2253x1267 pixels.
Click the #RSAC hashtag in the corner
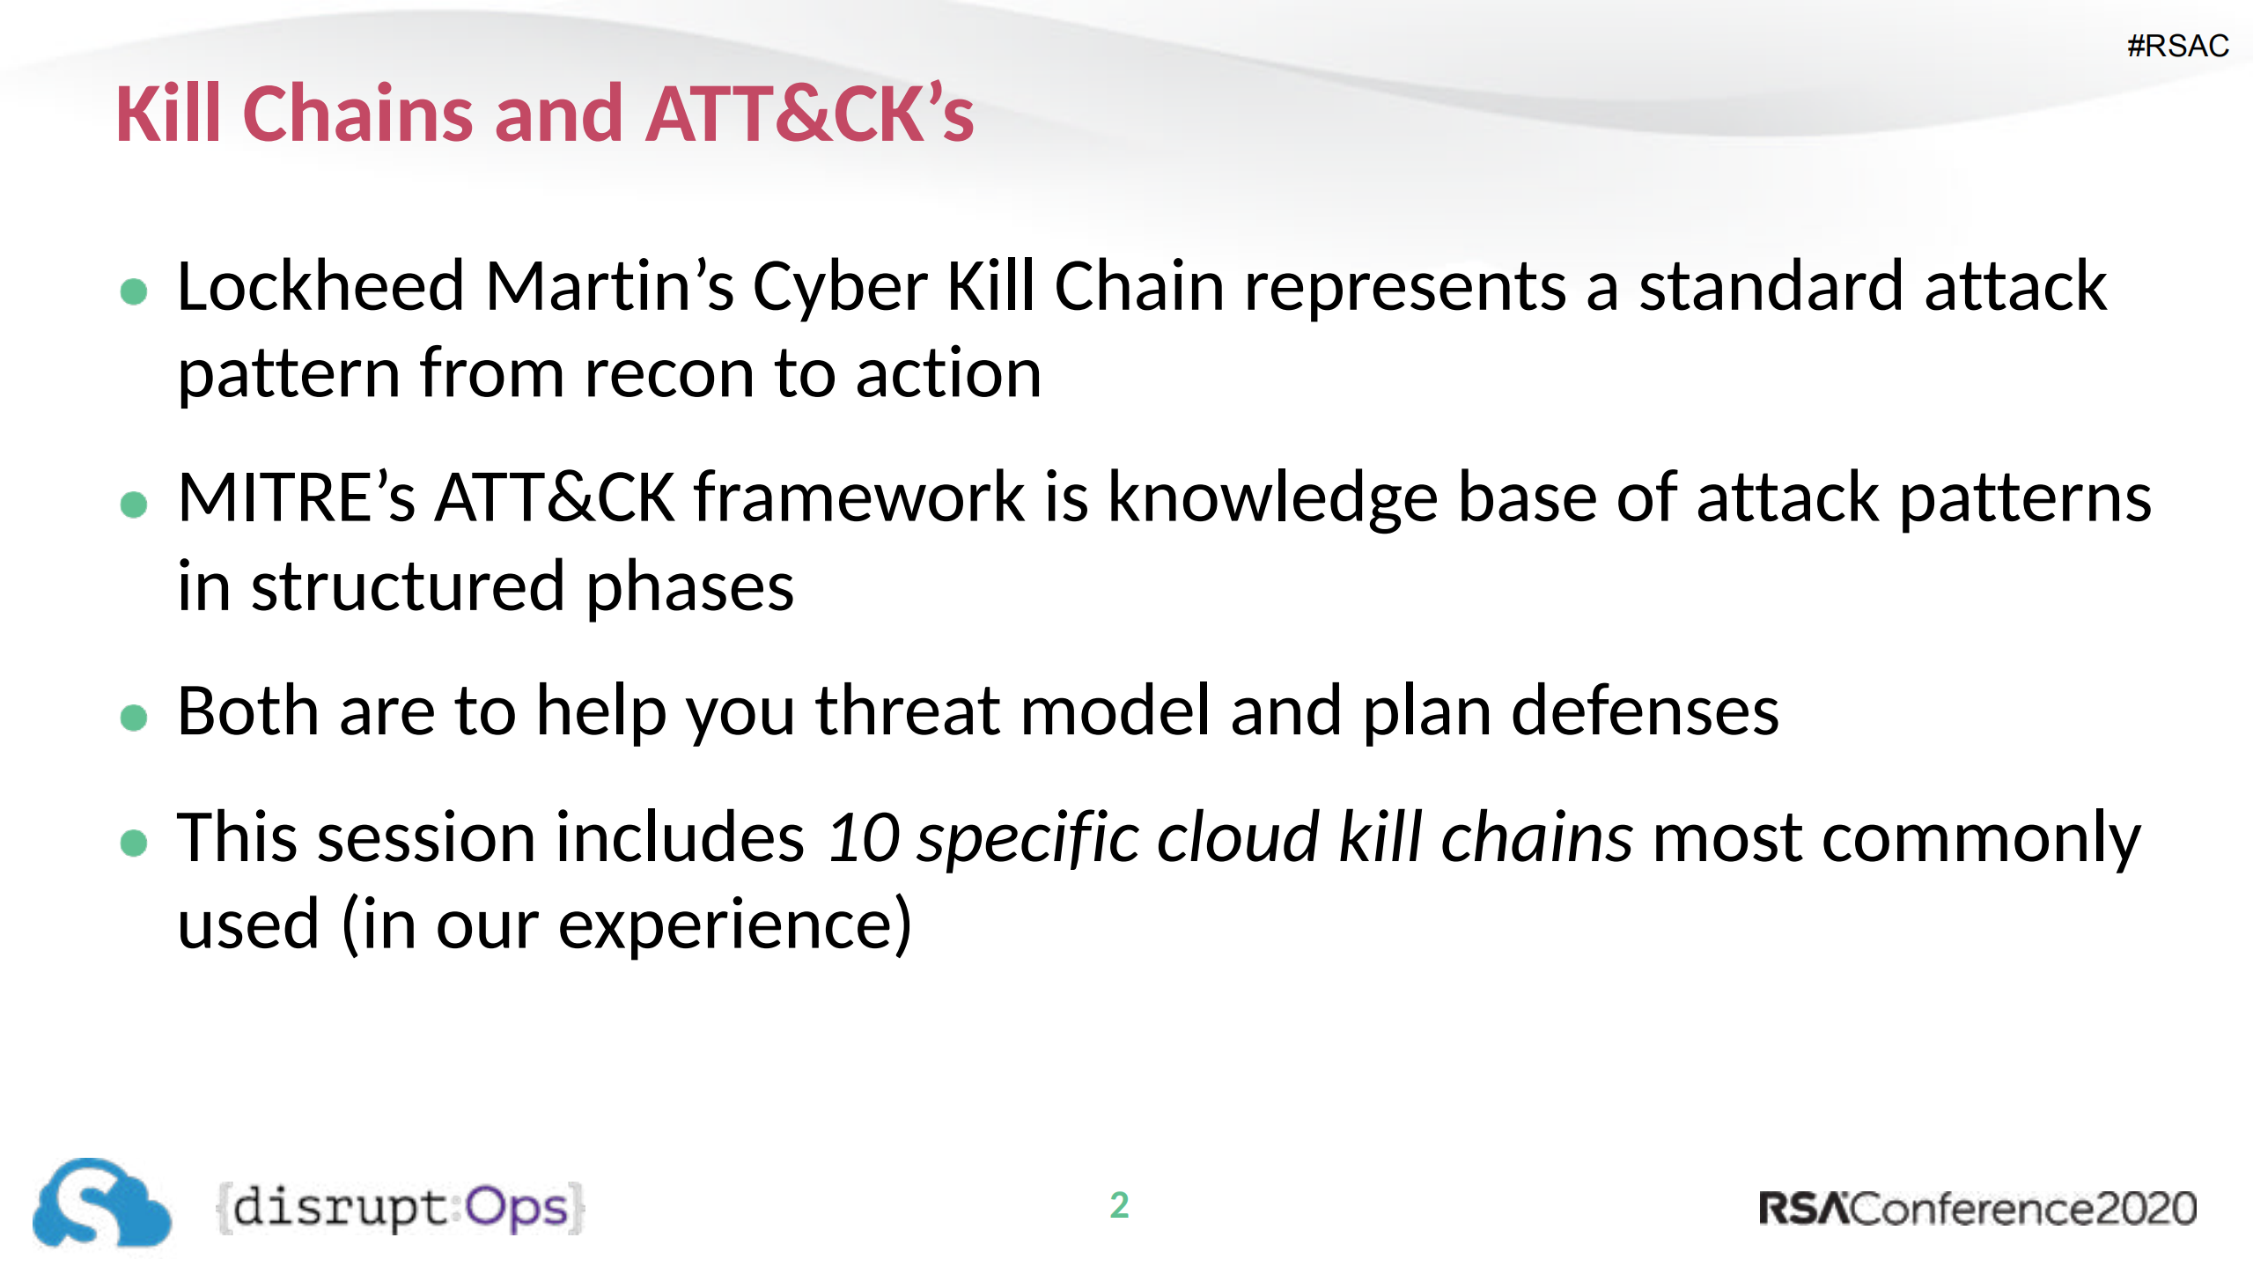(x=2177, y=46)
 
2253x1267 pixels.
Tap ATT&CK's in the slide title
(x=809, y=114)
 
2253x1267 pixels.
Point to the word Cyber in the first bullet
(x=839, y=287)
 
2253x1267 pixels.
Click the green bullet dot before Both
(x=134, y=718)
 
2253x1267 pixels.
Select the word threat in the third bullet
(x=907, y=711)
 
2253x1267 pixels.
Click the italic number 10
(x=864, y=837)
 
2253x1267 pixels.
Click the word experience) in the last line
(x=735, y=925)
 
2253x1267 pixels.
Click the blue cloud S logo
(x=101, y=1204)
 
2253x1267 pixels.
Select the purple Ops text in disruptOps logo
(x=517, y=1208)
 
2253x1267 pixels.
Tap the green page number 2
(x=1119, y=1205)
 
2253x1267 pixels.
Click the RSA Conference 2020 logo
(x=1977, y=1208)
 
